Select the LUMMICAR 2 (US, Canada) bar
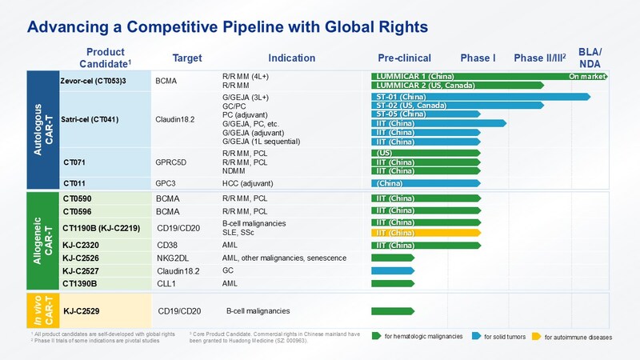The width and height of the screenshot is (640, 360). (x=456, y=85)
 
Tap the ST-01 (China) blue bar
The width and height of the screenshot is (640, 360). (x=480, y=97)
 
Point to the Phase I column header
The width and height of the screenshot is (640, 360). (x=478, y=58)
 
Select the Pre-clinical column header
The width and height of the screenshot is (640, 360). (x=404, y=58)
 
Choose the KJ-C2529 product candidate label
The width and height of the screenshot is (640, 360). (x=83, y=310)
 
